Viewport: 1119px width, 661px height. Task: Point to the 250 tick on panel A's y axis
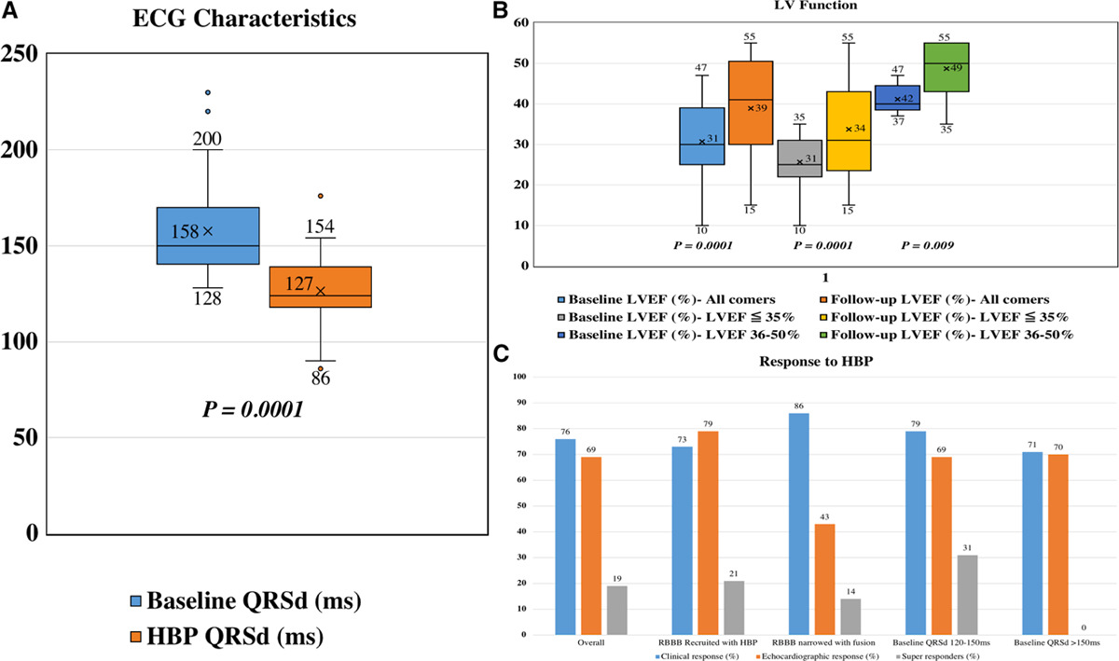[23, 54]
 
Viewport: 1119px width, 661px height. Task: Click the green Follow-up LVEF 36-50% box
[946, 67]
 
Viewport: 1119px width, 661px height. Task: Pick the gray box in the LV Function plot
[799, 158]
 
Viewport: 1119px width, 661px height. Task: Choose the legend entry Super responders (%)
[923, 656]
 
